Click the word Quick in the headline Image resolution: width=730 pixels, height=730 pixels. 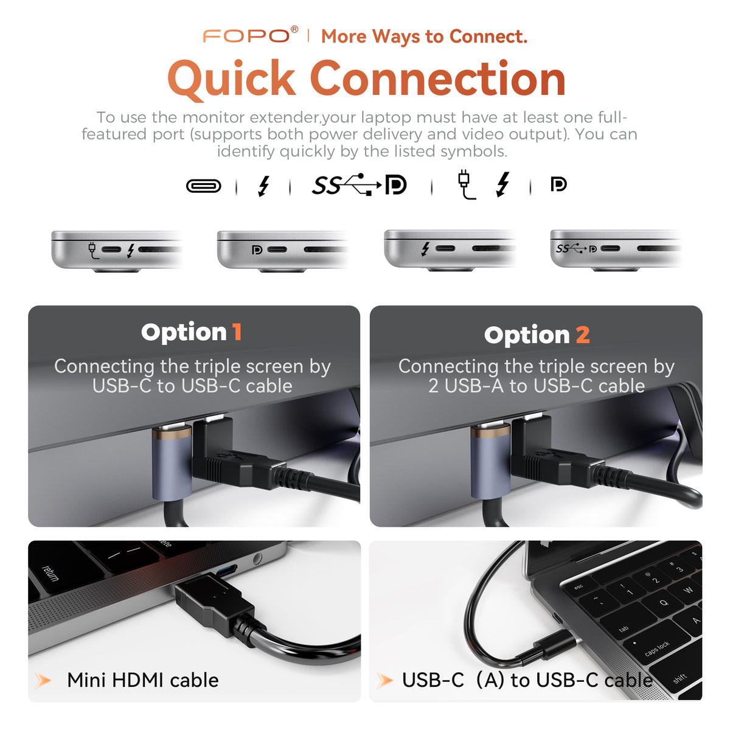[x=231, y=79]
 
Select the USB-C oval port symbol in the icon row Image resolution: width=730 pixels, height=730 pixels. [x=203, y=186]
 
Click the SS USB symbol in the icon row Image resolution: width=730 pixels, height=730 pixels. [x=347, y=184]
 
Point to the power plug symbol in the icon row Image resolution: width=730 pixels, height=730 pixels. [x=465, y=184]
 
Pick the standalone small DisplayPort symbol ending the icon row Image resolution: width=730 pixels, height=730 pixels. [x=558, y=184]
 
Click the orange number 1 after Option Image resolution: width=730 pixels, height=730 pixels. [x=237, y=332]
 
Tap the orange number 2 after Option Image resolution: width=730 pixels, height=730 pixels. [x=583, y=334]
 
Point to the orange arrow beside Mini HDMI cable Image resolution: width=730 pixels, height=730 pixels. [x=43, y=680]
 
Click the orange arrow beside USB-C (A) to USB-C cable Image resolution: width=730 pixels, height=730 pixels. [x=384, y=680]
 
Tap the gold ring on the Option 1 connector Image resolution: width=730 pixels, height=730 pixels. [x=172, y=433]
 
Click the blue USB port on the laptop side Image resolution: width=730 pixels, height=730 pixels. [x=228, y=571]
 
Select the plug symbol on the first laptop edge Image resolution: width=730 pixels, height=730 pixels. [x=93, y=251]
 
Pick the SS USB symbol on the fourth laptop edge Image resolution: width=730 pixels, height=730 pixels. [x=571, y=249]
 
